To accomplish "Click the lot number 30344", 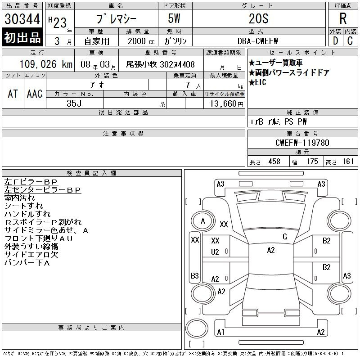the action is pos(22,19).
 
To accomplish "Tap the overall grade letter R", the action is pos(343,18).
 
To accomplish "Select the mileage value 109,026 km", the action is pos(46,64).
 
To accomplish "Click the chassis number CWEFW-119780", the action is pos(302,143).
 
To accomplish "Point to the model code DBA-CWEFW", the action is pos(257,41).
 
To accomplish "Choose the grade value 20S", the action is pos(258,18).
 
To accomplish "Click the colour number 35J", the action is pos(74,103).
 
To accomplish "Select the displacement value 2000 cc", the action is pos(141,41).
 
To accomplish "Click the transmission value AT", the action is pos(13,94).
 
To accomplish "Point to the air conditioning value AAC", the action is pos(35,94).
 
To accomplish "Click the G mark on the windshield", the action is pos(285,237).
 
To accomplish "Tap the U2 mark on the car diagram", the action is pos(215,252).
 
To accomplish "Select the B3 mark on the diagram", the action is pos(195,275).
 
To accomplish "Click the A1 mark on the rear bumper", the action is pos(220,332).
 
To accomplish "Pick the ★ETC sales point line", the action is pos(257,82).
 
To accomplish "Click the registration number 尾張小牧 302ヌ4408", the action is pos(161,64).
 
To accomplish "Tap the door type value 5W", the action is pos(174,18).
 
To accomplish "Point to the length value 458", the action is pos(274,162).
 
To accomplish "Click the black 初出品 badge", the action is pos(22,37).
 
